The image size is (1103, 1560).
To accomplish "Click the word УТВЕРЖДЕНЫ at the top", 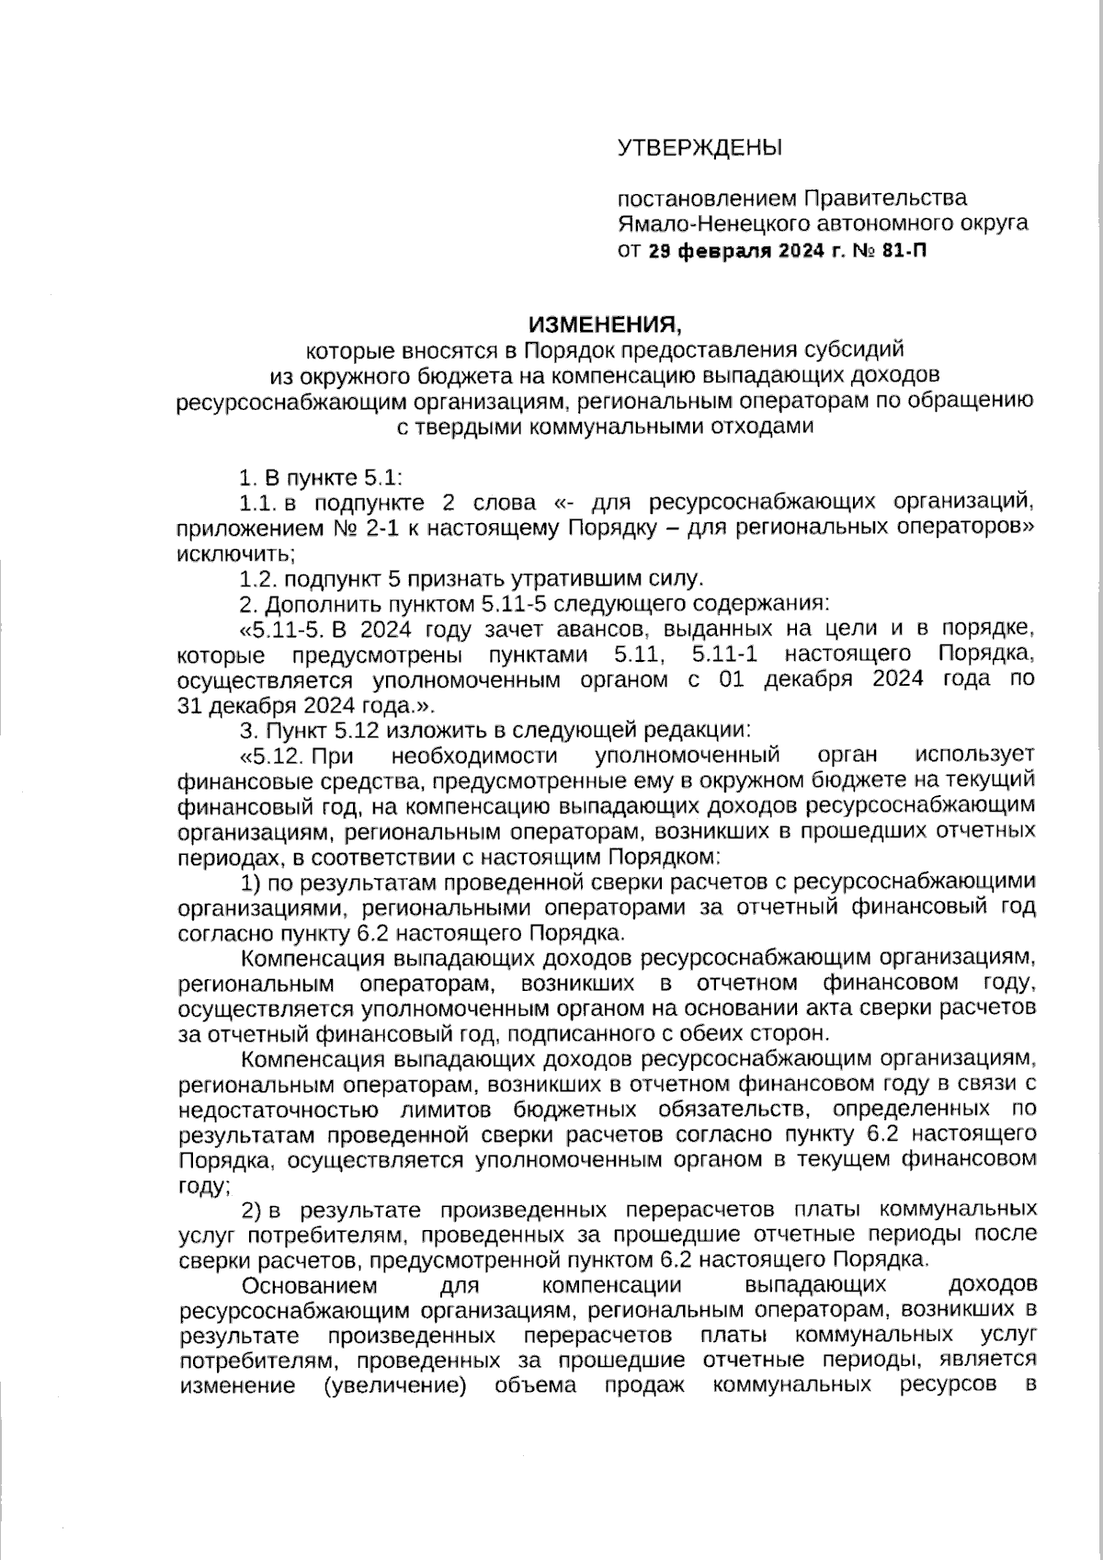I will coord(699,147).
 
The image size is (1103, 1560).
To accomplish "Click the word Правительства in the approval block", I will coord(885,199).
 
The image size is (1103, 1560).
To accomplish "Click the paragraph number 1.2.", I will coord(257,579).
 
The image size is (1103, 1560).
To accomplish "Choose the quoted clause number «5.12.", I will coord(271,756).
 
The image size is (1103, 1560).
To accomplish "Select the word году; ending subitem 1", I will coord(201,1186).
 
